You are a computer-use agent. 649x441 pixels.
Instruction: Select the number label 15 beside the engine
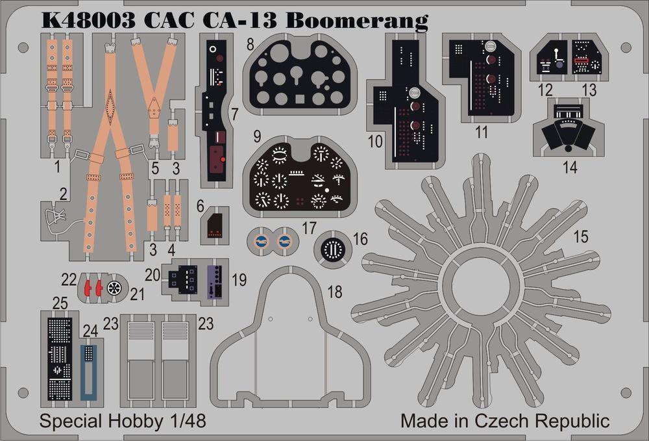[580, 237]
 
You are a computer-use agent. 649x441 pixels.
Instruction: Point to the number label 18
[336, 292]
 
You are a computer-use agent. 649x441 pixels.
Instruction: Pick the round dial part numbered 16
[333, 249]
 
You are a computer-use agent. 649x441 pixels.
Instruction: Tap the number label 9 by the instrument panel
[257, 137]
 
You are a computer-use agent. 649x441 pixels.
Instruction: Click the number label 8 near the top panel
[250, 46]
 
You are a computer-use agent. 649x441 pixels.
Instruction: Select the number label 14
[570, 167]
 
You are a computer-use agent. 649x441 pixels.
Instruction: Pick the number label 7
[234, 115]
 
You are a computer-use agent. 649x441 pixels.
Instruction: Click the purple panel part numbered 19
[217, 281]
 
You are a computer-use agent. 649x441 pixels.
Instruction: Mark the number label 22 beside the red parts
[69, 279]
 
